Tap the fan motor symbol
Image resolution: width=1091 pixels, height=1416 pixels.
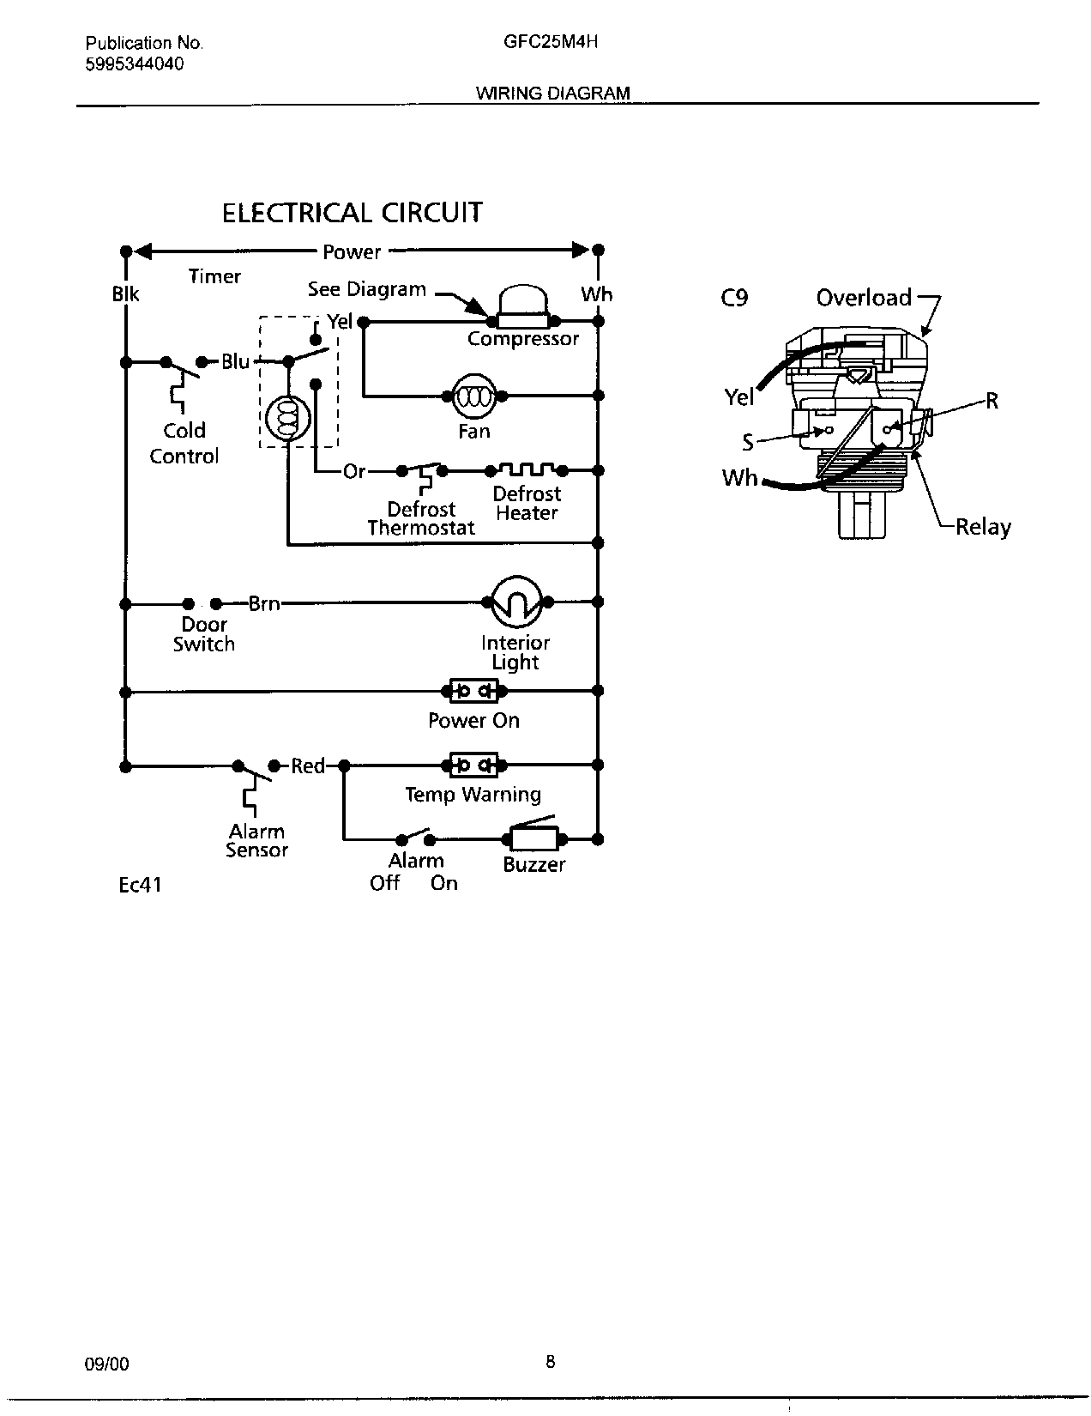pyautogui.click(x=474, y=396)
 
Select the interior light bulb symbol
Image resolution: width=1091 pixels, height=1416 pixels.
pyautogui.click(x=516, y=602)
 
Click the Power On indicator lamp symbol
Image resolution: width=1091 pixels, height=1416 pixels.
pyautogui.click(x=474, y=690)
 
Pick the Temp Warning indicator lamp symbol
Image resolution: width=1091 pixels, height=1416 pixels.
pyautogui.click(x=474, y=765)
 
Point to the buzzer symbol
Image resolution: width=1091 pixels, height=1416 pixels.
pyautogui.click(x=534, y=838)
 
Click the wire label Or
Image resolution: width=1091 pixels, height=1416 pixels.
pyautogui.click(x=354, y=471)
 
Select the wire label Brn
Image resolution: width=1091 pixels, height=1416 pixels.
pyautogui.click(x=264, y=603)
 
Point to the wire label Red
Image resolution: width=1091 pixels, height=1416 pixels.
pyautogui.click(x=308, y=765)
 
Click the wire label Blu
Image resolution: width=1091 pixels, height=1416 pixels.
pyautogui.click(x=235, y=361)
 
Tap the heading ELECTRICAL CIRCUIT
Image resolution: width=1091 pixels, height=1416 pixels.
pyautogui.click(x=352, y=213)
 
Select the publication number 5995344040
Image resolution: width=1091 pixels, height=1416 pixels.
pyautogui.click(x=135, y=64)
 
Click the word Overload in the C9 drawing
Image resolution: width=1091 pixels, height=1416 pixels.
pyautogui.click(x=864, y=298)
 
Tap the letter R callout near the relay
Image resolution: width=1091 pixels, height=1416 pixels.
pyautogui.click(x=992, y=401)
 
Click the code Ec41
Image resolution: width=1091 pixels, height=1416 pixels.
pyautogui.click(x=140, y=884)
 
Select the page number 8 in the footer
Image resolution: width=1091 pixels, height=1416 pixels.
pyautogui.click(x=550, y=1361)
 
